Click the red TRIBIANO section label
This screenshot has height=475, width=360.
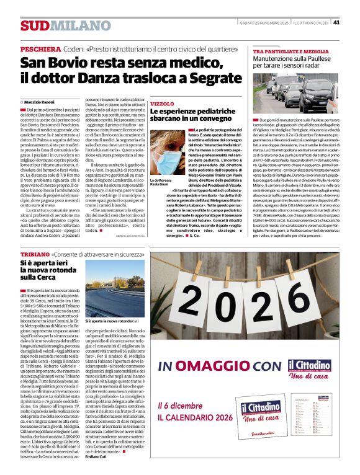[x=34, y=255]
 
